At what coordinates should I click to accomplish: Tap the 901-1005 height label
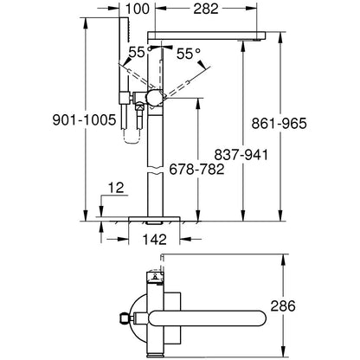(x=42, y=120)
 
